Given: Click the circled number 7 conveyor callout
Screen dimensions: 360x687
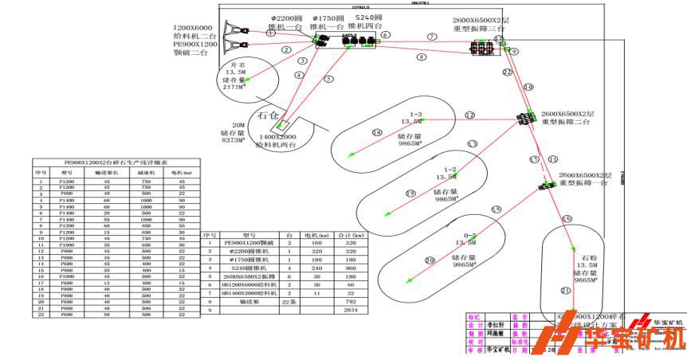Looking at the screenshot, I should tap(432, 37).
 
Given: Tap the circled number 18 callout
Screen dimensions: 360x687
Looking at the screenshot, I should tap(378, 133).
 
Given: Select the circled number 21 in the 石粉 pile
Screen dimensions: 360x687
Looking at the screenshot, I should tap(565, 291).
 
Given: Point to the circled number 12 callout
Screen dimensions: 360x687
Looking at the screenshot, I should tap(469, 115).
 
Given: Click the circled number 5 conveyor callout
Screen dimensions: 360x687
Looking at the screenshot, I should tap(328, 78).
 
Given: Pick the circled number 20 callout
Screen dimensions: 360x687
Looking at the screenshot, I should tap(430, 260).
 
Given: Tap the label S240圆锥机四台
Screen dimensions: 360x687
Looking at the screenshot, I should tap(368, 22).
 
